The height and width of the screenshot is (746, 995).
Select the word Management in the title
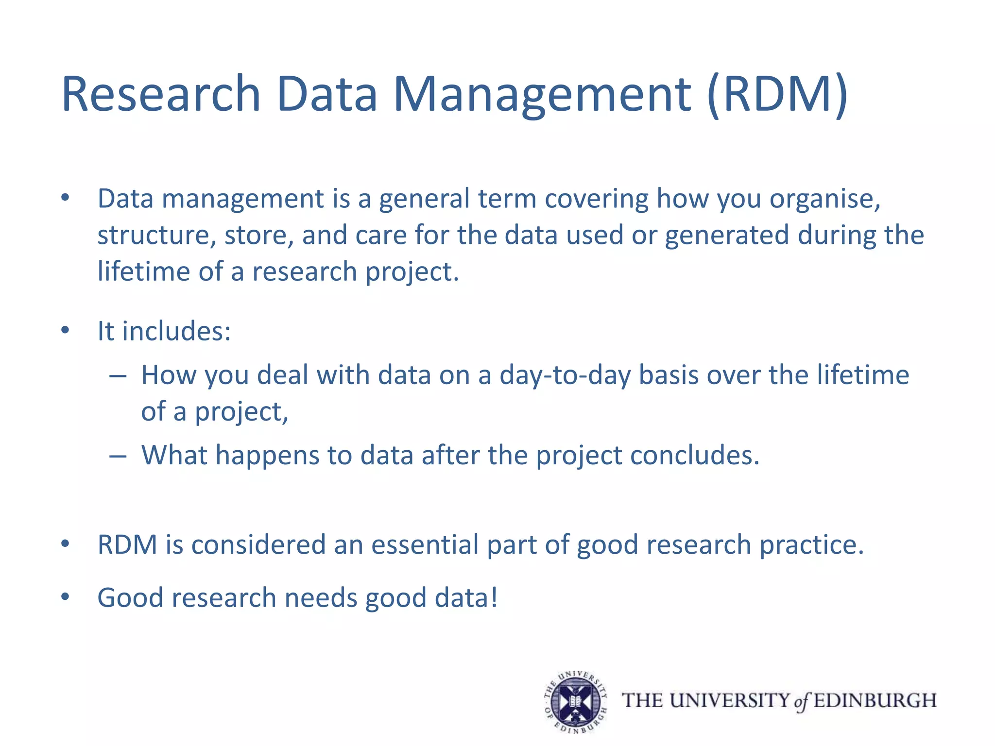pyautogui.click(x=542, y=95)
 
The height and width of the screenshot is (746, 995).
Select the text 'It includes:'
pyautogui.click(x=164, y=331)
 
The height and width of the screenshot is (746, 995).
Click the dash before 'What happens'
pyautogui.click(x=118, y=456)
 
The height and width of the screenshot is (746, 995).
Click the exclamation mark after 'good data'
pyautogui.click(x=494, y=597)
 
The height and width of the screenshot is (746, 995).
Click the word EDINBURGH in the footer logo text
pyautogui.click(x=875, y=701)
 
